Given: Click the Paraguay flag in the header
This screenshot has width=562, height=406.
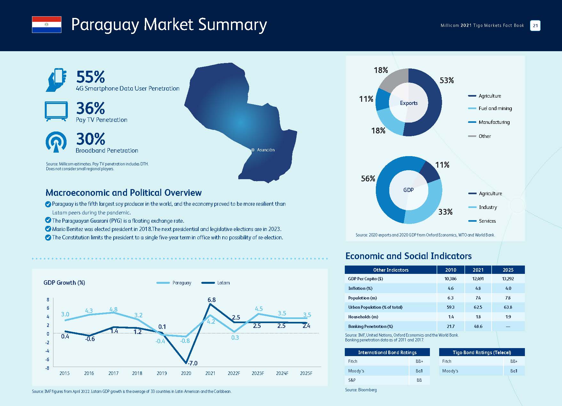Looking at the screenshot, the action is pyautogui.click(x=47, y=25).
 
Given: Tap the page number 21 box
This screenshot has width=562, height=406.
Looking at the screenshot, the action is pyautogui.click(x=535, y=26).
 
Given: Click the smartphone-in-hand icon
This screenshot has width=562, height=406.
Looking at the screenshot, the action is pyautogui.click(x=56, y=80).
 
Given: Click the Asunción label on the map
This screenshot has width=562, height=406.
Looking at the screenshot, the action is pyautogui.click(x=266, y=150).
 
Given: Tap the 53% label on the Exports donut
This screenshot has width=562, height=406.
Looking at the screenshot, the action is pyautogui.click(x=447, y=80).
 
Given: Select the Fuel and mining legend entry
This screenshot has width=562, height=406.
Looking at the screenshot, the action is pyautogui.click(x=490, y=108).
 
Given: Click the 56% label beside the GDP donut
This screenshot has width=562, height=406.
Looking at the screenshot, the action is pyautogui.click(x=368, y=179).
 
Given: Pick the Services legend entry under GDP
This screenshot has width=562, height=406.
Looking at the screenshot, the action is pyautogui.click(x=482, y=221).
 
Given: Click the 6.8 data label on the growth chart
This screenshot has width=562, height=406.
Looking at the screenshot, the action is pyautogui.click(x=211, y=300).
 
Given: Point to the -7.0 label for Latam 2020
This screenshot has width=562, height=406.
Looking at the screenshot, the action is pyautogui.click(x=192, y=363).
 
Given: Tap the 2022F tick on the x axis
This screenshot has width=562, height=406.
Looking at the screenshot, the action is pyautogui.click(x=234, y=373).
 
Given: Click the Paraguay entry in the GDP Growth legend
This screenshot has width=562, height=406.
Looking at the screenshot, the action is pyautogui.click(x=174, y=283).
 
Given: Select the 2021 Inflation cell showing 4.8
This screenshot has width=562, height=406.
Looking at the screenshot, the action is pyautogui.click(x=478, y=288).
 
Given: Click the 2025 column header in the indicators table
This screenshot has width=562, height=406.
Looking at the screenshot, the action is pyautogui.click(x=508, y=270).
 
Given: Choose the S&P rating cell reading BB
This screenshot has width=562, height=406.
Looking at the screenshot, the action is pyautogui.click(x=419, y=380).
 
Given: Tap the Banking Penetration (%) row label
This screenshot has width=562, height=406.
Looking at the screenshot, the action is pyautogui.click(x=370, y=326).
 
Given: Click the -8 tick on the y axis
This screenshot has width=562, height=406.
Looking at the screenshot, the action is pyautogui.click(x=47, y=368).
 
